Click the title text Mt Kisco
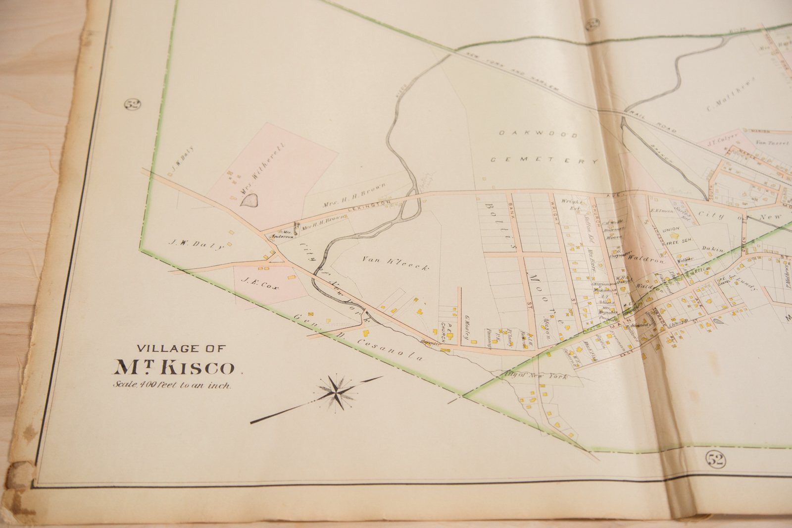point(174,368)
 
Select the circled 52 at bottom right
point(716,460)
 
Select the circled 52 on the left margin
point(133,105)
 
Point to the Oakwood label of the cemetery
point(538,134)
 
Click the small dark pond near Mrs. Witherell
point(249,200)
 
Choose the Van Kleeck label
point(395,263)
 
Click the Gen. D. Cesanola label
point(359,337)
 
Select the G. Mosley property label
point(466,326)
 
